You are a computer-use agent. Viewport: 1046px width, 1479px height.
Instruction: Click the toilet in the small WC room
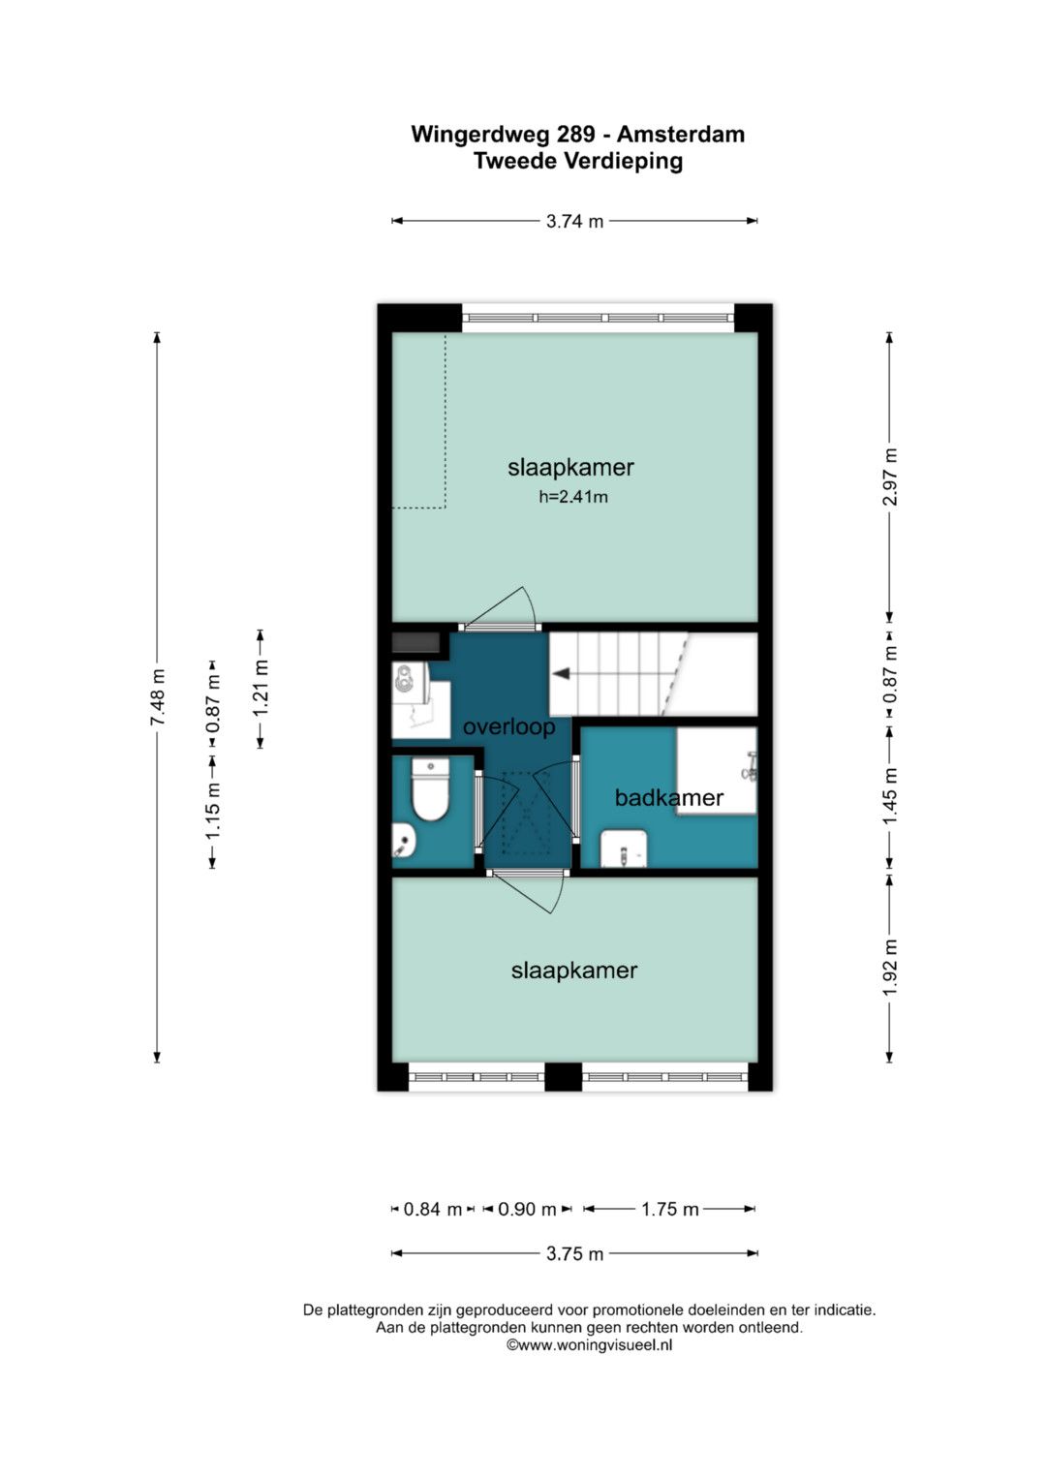click(430, 789)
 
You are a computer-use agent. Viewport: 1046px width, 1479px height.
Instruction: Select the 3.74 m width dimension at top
click(574, 221)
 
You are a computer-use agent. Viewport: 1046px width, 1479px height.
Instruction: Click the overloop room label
click(509, 727)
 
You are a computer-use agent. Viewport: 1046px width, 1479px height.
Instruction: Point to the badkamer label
click(669, 797)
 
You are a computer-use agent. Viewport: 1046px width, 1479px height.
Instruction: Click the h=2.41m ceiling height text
click(573, 497)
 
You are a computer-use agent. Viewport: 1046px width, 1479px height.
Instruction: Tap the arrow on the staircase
click(562, 673)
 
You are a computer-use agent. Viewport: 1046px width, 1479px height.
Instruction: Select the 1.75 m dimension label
click(669, 1209)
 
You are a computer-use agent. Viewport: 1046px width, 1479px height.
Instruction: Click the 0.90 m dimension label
click(527, 1209)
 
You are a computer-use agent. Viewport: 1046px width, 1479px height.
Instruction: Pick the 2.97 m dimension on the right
click(890, 477)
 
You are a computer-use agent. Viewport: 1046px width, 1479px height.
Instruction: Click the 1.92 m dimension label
click(890, 968)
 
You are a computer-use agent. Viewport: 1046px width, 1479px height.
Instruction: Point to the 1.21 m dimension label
click(261, 688)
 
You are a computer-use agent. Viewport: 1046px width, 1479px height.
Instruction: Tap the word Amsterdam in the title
click(681, 134)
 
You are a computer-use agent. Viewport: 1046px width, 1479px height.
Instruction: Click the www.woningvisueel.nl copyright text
click(589, 1344)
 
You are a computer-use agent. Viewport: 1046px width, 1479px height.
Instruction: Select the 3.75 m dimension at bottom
click(574, 1253)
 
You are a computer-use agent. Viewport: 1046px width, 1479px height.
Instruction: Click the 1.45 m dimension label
click(890, 795)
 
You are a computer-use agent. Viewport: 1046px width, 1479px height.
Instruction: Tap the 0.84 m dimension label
click(433, 1209)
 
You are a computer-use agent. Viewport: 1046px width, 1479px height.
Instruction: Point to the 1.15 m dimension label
click(213, 812)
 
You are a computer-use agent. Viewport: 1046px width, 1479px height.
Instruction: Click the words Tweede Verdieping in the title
click(578, 161)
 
